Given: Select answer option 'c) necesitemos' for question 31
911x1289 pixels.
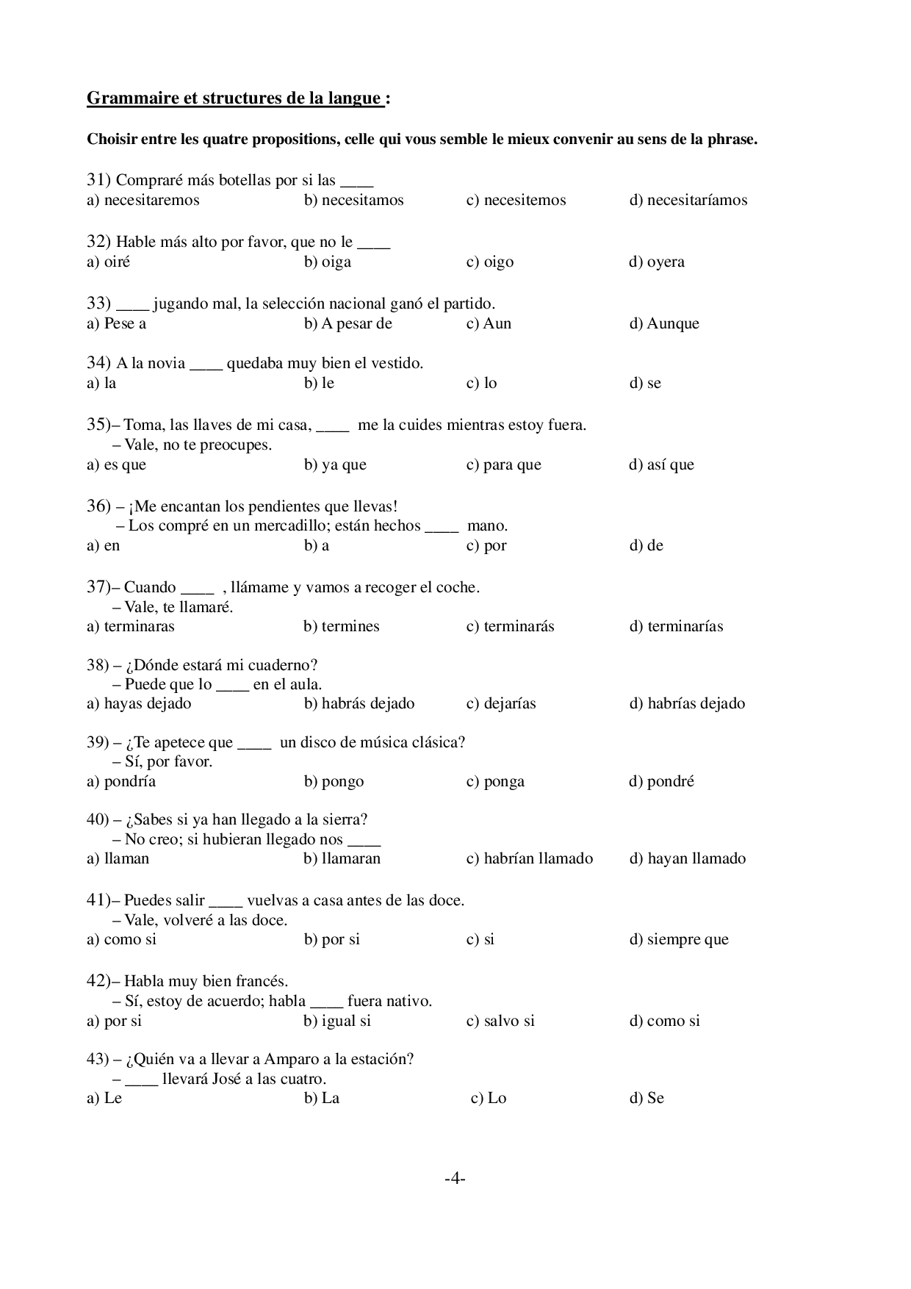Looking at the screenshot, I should tap(516, 201).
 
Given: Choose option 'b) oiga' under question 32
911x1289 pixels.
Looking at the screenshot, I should tap(328, 262).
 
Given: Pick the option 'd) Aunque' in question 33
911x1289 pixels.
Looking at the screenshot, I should tap(664, 324).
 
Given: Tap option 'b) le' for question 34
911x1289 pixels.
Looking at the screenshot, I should tap(319, 384).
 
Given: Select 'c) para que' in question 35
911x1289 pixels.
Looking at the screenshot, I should tap(504, 465).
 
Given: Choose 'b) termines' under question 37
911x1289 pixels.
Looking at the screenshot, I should tap(342, 627).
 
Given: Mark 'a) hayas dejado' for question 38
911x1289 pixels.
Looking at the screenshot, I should tap(139, 704).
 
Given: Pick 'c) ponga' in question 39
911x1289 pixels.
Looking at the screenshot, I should tap(495, 782).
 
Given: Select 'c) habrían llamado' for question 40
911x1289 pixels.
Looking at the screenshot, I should tap(530, 859).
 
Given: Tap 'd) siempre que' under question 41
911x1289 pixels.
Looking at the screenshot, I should tap(679, 940).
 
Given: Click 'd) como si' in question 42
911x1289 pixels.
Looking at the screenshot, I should tap(664, 1021).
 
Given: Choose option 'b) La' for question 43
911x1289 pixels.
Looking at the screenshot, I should tap(322, 1099).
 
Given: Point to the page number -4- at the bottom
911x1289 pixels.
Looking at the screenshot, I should tap(455, 1179).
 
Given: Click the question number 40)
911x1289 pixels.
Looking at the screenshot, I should tap(98, 820).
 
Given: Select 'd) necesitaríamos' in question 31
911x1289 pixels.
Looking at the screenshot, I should tap(688, 201).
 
